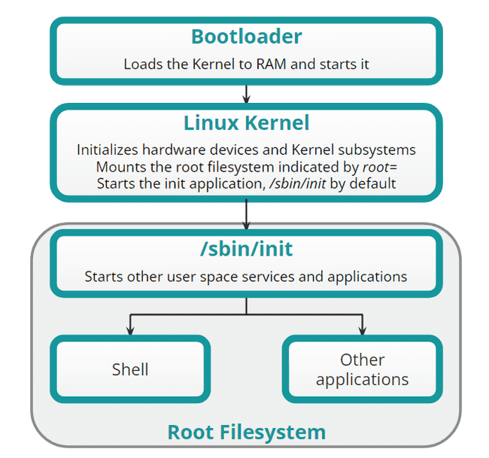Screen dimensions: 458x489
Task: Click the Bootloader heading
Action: pyautogui.click(x=246, y=36)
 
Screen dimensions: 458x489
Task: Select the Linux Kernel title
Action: pyautogui.click(x=246, y=122)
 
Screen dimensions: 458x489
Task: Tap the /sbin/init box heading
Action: pyautogui.click(x=246, y=249)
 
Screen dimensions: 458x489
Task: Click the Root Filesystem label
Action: pyautogui.click(x=246, y=432)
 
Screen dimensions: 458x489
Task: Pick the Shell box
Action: pyautogui.click(x=130, y=369)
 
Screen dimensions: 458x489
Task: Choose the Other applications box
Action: pyautogui.click(x=362, y=369)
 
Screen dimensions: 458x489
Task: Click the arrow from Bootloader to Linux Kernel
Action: pyautogui.click(x=246, y=93)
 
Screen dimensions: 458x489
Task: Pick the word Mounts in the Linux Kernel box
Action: pyautogui.click(x=119, y=166)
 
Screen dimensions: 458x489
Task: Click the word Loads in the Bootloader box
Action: pyautogui.click(x=141, y=64)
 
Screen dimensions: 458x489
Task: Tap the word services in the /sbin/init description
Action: pyautogui.click(x=269, y=276)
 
